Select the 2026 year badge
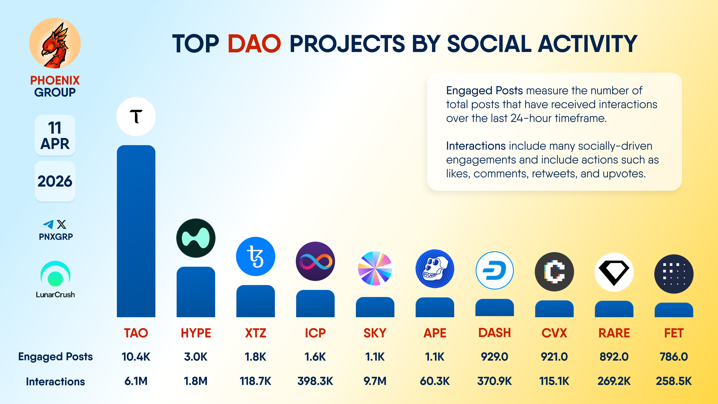tap(55, 181)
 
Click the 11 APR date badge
tap(55, 135)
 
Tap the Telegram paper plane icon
tap(48, 224)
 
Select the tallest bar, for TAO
tap(136, 231)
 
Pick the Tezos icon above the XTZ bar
tap(256, 256)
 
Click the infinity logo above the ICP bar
tap(315, 261)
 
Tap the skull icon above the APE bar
tap(435, 269)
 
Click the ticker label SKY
tap(375, 333)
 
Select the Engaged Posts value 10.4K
tap(136, 357)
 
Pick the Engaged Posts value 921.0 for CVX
tap(554, 357)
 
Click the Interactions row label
tap(56, 381)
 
